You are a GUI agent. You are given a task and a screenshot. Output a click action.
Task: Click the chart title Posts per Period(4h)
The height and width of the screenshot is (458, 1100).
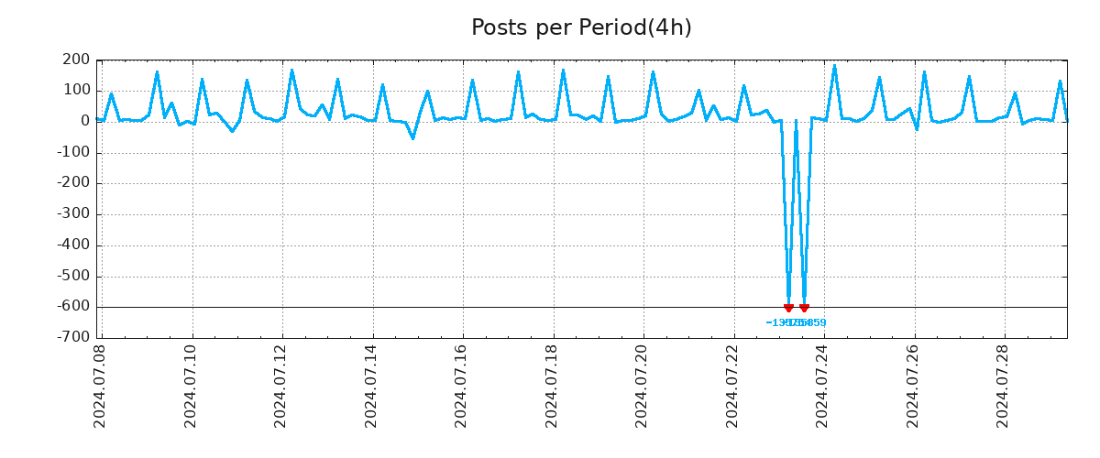click(581, 27)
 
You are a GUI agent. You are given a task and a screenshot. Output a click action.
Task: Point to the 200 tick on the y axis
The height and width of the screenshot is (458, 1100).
click(77, 60)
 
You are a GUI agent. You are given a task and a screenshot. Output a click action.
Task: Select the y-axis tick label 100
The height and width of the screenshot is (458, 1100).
click(77, 91)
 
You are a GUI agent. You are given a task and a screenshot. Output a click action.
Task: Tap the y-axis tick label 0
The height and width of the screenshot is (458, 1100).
click(85, 121)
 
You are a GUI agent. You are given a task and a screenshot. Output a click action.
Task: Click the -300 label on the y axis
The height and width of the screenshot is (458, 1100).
click(73, 214)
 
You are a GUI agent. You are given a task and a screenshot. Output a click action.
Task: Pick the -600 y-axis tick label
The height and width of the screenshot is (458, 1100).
click(73, 307)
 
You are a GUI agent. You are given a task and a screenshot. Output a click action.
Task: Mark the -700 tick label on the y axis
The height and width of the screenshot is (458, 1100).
click(73, 337)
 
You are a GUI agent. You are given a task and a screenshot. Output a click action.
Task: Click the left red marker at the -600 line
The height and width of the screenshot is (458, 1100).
click(788, 308)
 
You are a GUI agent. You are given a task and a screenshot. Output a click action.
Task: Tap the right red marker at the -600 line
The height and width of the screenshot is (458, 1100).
click(804, 308)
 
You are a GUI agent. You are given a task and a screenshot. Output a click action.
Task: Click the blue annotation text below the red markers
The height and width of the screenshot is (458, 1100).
click(796, 322)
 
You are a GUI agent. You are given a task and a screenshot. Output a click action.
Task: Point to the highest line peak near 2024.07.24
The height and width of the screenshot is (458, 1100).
click(834, 66)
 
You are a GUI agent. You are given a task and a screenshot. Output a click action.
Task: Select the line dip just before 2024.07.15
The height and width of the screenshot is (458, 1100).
click(412, 138)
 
